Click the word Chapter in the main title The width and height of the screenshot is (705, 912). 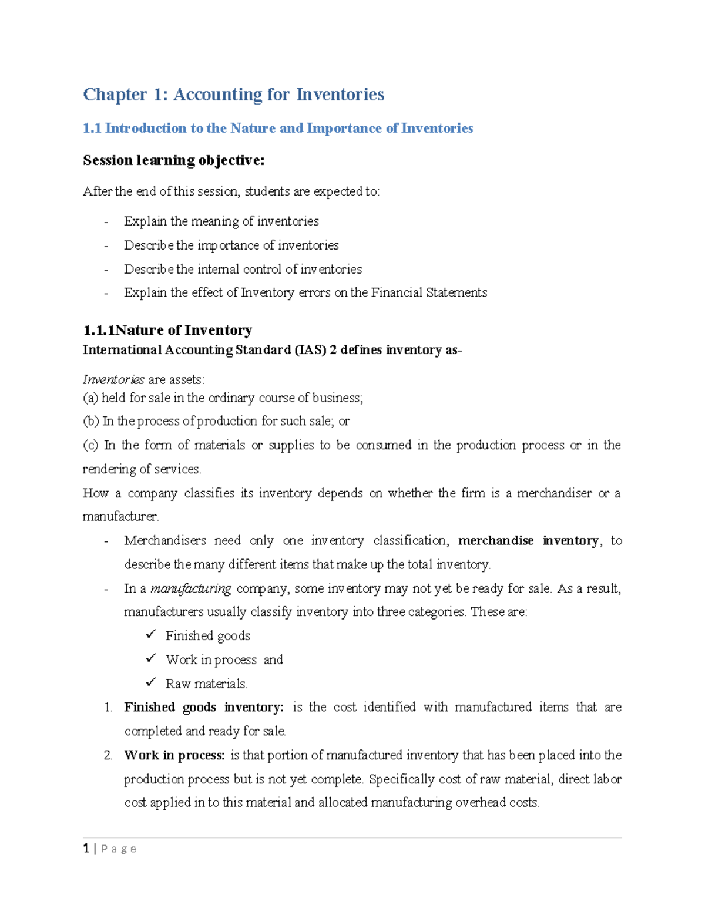click(115, 95)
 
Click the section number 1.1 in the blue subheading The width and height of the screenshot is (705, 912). click(92, 128)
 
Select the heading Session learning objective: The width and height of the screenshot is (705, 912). click(173, 160)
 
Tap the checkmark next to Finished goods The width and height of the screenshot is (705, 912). click(151, 635)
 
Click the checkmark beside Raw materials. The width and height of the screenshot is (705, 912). click(151, 682)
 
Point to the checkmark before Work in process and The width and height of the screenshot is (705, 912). click(151, 658)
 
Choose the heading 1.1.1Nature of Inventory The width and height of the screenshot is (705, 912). click(167, 330)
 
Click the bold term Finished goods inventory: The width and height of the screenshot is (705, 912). click(203, 707)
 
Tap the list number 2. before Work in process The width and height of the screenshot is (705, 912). click(108, 755)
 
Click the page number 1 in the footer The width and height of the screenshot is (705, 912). click(86, 848)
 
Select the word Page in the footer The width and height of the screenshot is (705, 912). click(119, 849)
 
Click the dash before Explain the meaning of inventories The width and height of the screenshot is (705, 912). click(106, 222)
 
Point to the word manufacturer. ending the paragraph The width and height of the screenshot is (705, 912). click(120, 517)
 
